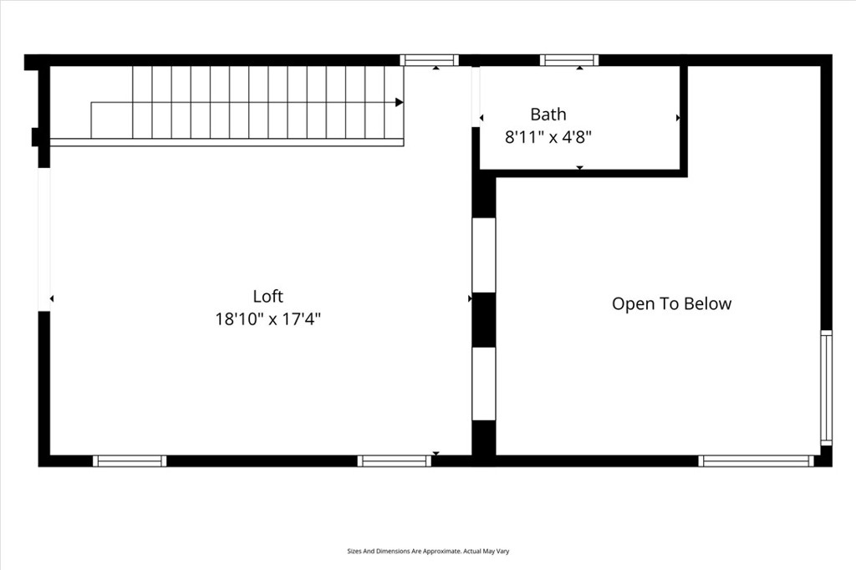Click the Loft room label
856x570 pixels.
pos(268,296)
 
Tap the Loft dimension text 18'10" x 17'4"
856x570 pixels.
pos(268,319)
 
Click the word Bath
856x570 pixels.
pos(548,115)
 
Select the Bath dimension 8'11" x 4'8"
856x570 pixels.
pos(548,137)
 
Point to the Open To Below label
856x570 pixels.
pos(671,303)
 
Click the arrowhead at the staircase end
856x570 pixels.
pos(400,102)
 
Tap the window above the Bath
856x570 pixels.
pos(569,60)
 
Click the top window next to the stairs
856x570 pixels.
pos(430,60)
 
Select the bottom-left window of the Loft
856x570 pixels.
pos(130,461)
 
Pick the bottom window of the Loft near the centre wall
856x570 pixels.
pos(395,461)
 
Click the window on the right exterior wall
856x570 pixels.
pos(827,387)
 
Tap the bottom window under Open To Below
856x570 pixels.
pos(756,461)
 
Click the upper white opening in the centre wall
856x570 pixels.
pos(484,255)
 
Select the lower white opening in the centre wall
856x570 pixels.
pos(484,384)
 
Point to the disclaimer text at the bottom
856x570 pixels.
pos(428,552)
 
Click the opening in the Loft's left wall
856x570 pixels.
pos(44,239)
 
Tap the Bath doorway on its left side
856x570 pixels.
pos(476,97)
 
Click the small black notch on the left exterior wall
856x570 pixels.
pos(35,137)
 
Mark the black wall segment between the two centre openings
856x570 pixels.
pos(484,320)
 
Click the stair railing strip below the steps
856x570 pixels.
pos(227,142)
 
